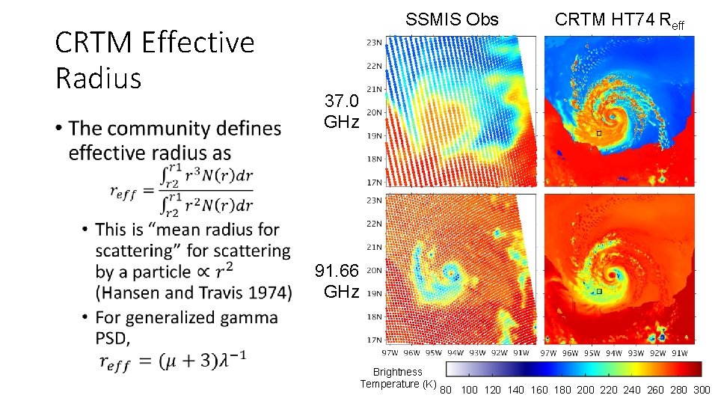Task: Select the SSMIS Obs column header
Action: [451, 19]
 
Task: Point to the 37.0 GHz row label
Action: [341, 111]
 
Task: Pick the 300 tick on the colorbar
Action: [702, 390]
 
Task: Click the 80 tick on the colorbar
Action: [446, 390]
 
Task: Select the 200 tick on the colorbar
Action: [585, 390]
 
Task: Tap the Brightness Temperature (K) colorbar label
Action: [398, 378]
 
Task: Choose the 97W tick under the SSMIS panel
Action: [390, 352]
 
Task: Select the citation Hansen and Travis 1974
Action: [194, 293]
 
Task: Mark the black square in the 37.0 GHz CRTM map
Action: [598, 133]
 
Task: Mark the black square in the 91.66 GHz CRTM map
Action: [598, 293]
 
